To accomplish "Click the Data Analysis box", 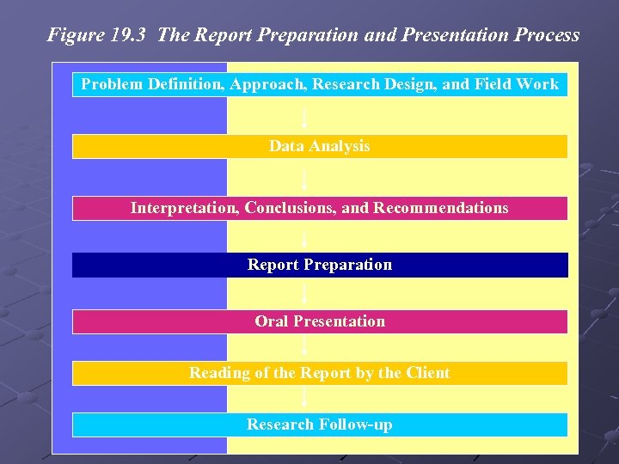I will click(319, 146).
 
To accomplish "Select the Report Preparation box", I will click(319, 265).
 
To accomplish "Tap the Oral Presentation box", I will click(319, 321).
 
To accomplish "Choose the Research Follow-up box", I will click(319, 424).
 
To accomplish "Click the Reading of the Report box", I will click(319, 373).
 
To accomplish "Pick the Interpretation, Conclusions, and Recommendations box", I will click(319, 208).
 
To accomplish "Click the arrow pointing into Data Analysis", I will click(305, 115).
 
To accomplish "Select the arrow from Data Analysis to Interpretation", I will click(305, 177).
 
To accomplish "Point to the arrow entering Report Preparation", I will click(305, 236).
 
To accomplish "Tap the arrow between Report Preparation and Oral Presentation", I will click(305, 293).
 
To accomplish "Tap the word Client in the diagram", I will click(427, 373).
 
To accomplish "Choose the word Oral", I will click(272, 321).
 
